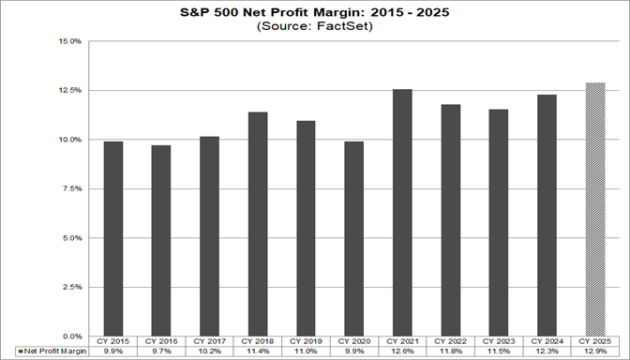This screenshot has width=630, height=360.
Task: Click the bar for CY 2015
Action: tap(112, 238)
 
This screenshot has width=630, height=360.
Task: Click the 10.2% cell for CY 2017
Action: tap(209, 352)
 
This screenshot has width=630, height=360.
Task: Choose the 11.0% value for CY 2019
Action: tap(307, 352)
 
